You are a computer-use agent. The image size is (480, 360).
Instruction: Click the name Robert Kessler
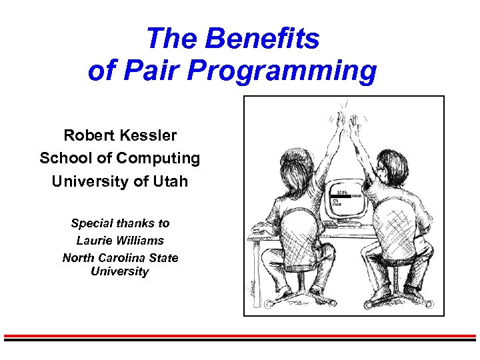pyautogui.click(x=120, y=135)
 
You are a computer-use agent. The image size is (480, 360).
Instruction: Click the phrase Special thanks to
pyautogui.click(x=120, y=223)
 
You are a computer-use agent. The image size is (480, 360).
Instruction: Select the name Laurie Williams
pyautogui.click(x=120, y=240)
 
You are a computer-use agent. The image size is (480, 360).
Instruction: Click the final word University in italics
pyautogui.click(x=120, y=271)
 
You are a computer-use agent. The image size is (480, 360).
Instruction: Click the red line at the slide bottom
pyautogui.click(x=240, y=335)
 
